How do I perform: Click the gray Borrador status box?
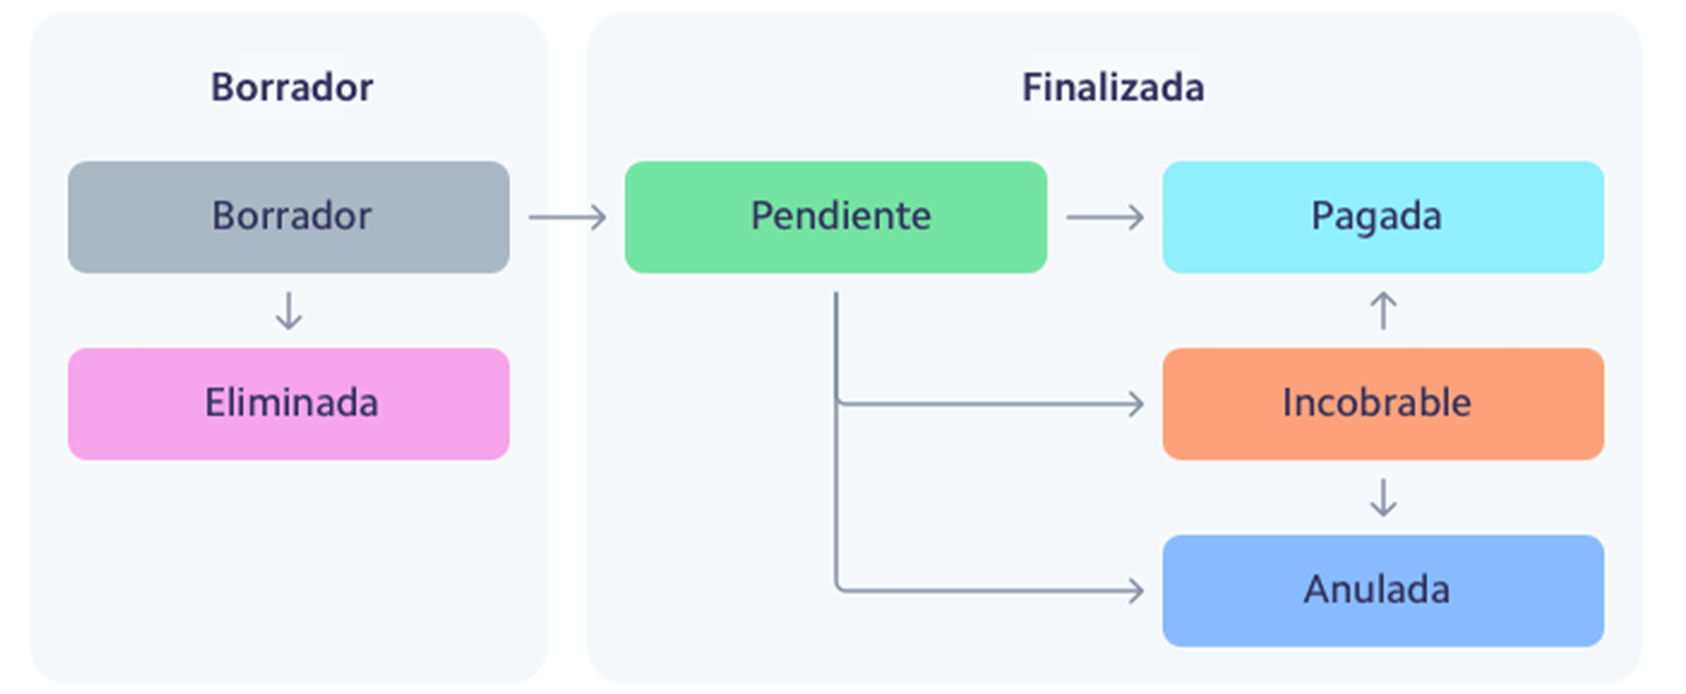click(x=289, y=217)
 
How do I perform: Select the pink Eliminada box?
click(x=289, y=403)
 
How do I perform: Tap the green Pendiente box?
click(x=835, y=217)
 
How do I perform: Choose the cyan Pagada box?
click(x=1383, y=217)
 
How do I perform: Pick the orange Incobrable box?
click(x=1383, y=403)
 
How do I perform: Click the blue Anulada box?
click(x=1383, y=590)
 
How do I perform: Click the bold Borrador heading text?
click(x=291, y=88)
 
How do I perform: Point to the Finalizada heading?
click(x=1112, y=88)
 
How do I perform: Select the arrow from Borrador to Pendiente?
click(x=567, y=217)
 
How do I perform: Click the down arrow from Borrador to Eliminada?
click(x=289, y=311)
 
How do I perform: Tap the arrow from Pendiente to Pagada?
click(x=1105, y=217)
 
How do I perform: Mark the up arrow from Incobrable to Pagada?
click(x=1383, y=311)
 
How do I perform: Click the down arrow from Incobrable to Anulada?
click(x=1383, y=498)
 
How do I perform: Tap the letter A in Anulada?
click(x=1317, y=589)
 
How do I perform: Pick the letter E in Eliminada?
click(x=215, y=403)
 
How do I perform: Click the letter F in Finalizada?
click(x=1031, y=88)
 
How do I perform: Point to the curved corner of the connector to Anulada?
click(x=839, y=587)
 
